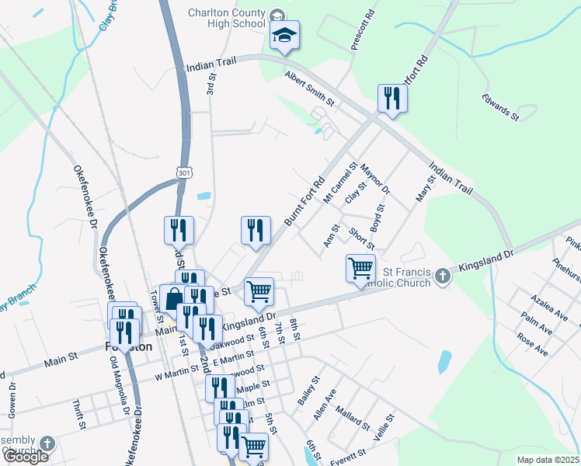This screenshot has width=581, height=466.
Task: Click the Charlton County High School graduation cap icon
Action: pos(285,36)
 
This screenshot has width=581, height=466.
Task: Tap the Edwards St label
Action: pos(500,106)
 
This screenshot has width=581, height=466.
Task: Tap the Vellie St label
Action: pos(384,428)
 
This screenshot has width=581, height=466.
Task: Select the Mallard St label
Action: pos(354,420)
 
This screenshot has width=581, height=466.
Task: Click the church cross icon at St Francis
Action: pos(442,276)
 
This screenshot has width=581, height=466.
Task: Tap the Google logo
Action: pos(26,457)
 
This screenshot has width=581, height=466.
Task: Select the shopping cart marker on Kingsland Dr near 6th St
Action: pos(259,292)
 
